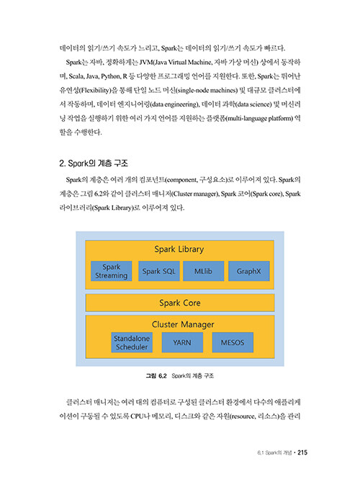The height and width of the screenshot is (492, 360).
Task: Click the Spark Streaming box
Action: [x=111, y=271]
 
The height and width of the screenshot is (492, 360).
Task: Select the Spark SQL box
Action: [x=158, y=271]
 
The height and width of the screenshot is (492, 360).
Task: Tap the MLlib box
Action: [x=203, y=271]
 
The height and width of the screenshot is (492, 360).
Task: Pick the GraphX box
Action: [x=249, y=271]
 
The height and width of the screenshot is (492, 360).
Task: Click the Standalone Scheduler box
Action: [x=132, y=342]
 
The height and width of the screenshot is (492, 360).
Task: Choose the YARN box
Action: [x=182, y=342]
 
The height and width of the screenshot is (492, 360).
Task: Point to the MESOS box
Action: [x=233, y=342]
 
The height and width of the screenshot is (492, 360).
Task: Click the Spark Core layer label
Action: [x=180, y=303]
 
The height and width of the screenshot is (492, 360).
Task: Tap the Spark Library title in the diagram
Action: [x=179, y=249]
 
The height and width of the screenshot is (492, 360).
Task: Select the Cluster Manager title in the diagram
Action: [x=183, y=324]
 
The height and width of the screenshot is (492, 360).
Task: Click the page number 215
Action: [x=302, y=452]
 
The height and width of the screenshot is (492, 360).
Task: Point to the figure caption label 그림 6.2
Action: [x=156, y=376]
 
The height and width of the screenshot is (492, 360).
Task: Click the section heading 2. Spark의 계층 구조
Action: [x=94, y=163]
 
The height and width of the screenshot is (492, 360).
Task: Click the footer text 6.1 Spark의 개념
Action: [x=274, y=452]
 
